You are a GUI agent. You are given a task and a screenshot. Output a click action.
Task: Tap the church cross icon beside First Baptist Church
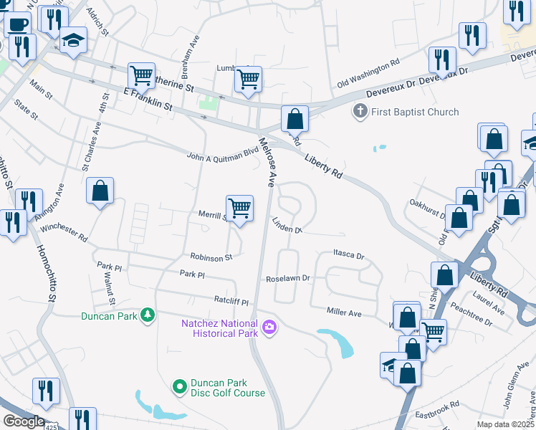tap(360, 112)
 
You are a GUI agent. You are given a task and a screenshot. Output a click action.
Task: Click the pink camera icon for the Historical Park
tap(269, 328)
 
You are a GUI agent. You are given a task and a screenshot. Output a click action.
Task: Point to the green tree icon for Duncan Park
tap(147, 315)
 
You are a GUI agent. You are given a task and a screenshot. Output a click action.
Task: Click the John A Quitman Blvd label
tap(221, 154)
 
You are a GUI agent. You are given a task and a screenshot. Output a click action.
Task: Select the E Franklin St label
tap(148, 99)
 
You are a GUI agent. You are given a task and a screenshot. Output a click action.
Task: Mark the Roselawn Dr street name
tap(287, 278)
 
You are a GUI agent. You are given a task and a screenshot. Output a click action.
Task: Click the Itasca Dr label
tap(349, 255)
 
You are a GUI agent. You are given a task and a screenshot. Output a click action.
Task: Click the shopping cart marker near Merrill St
tap(240, 209)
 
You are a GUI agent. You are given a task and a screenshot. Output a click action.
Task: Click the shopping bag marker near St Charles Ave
tap(100, 191)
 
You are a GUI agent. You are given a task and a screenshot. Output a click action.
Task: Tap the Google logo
tap(23, 421)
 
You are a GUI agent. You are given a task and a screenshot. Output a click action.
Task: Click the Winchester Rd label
tap(63, 231)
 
